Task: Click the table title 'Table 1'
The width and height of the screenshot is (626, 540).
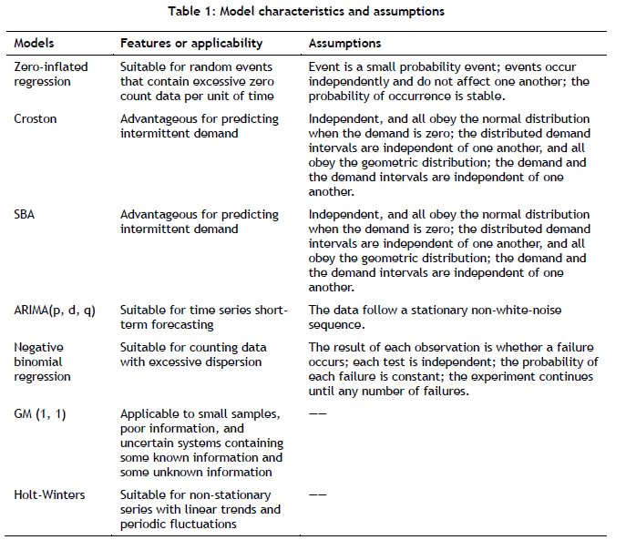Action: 313,11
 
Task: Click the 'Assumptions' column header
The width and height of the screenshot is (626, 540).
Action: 344,43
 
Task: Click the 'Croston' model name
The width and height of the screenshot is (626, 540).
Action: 36,118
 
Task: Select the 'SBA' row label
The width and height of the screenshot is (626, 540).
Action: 26,215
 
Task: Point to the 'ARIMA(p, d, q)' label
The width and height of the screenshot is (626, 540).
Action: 54,311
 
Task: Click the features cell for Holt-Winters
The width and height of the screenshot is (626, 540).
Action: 200,508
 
